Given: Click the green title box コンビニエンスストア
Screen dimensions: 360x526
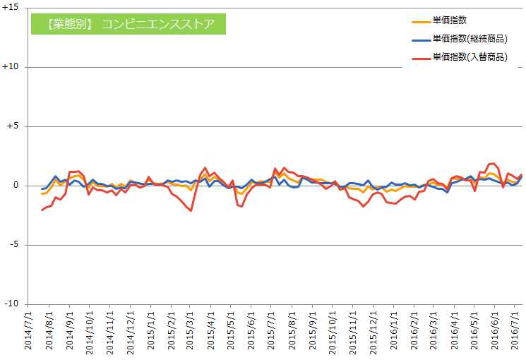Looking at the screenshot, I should [x=127, y=23].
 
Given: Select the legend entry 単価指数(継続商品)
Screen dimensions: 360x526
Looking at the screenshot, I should [x=470, y=39].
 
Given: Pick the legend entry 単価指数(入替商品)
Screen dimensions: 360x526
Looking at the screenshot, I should [x=470, y=56].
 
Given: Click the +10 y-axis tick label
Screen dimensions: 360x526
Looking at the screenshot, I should [x=13, y=67].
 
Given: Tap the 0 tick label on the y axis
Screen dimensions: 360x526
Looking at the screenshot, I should [x=18, y=186].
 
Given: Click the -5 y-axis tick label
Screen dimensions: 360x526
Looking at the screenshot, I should [x=16, y=245].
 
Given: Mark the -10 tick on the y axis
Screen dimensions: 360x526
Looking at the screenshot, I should [x=13, y=304].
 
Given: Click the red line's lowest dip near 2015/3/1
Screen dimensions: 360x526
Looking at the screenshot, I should [x=191, y=210].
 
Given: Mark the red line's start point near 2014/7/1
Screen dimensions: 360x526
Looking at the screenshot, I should [x=42, y=210].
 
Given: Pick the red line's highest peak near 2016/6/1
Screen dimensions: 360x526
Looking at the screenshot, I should [x=494, y=164].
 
